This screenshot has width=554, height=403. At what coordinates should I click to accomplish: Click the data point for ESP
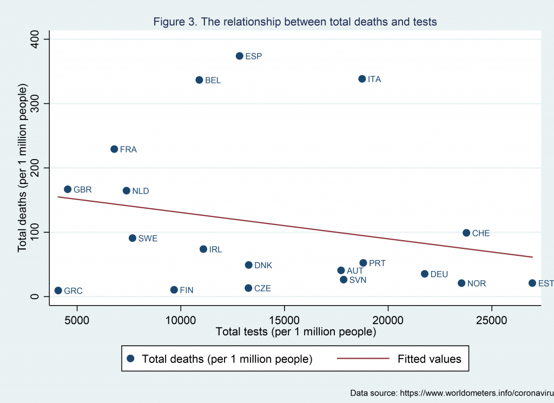[240, 56]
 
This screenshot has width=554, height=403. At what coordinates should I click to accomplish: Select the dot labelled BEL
[199, 80]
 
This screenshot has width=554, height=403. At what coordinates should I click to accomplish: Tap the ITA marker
[362, 79]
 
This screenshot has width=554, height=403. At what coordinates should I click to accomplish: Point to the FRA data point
[114, 149]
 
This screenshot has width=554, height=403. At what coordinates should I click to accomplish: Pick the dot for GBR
[68, 189]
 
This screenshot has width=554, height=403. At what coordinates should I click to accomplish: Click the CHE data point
[466, 233]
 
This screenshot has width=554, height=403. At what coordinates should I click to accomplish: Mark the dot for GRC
[58, 290]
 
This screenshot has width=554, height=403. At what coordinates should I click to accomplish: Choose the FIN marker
[174, 290]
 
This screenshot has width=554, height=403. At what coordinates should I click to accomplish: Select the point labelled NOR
[461, 283]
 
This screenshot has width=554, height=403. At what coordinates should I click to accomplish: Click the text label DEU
[439, 274]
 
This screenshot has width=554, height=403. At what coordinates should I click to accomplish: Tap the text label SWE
[148, 239]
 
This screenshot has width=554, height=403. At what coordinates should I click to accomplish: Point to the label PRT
[377, 263]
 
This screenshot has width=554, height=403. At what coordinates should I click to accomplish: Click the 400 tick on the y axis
[41, 39]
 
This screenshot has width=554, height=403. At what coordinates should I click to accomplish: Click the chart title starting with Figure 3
[295, 22]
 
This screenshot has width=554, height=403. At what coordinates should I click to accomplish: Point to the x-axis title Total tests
[295, 332]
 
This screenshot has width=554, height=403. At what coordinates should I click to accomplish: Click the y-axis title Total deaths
[23, 168]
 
